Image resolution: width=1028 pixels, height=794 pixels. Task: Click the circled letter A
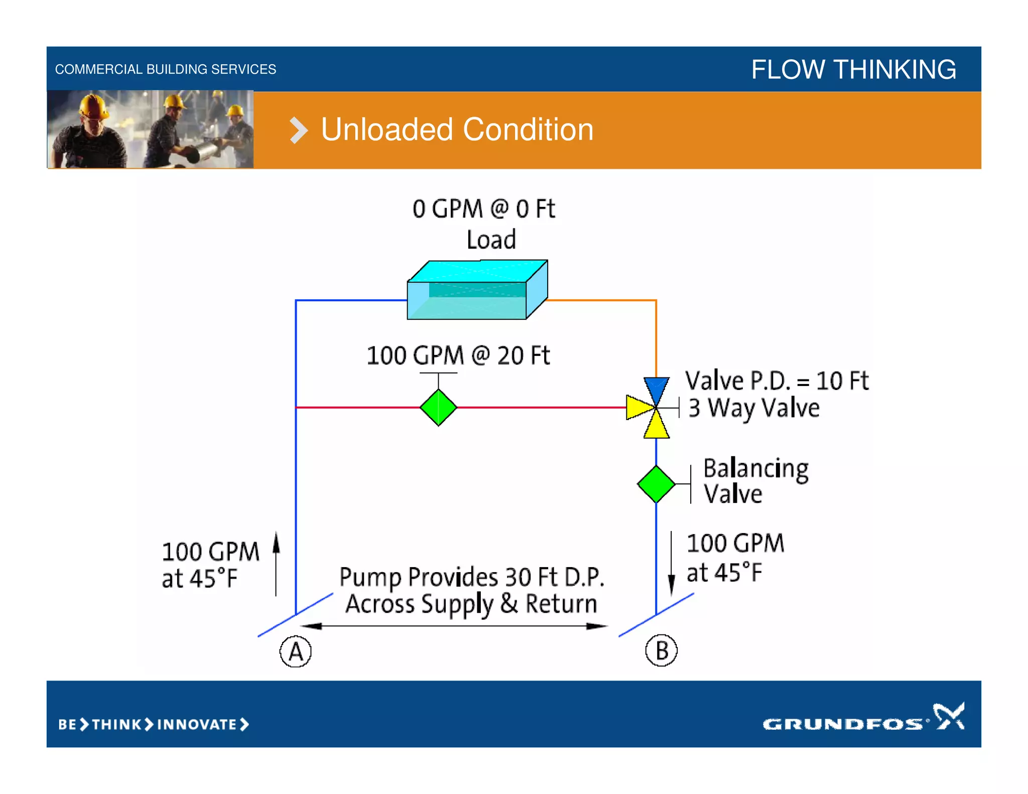point(296,651)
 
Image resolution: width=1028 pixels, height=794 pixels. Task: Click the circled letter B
point(661,650)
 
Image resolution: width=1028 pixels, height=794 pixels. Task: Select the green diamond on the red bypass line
point(438,407)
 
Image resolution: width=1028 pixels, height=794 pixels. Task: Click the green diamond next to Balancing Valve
point(656,484)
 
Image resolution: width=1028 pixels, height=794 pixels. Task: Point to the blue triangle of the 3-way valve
point(656,388)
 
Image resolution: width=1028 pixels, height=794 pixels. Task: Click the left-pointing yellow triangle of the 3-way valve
point(638,407)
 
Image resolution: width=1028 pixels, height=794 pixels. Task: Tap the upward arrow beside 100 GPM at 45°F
point(276,562)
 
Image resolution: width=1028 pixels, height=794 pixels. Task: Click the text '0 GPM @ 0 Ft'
point(483,208)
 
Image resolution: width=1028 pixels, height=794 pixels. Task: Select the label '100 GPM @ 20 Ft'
point(458,355)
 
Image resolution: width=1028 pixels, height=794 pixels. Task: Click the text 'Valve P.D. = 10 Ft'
point(777,380)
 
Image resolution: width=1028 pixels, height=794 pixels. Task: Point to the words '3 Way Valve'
point(753,408)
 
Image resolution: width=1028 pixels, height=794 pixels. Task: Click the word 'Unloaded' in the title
point(387,129)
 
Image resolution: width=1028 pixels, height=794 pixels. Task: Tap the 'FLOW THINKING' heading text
point(853,69)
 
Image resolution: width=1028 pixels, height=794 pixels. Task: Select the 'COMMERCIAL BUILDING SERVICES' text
point(165,69)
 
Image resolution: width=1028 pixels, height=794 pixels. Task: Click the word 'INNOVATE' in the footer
point(197,724)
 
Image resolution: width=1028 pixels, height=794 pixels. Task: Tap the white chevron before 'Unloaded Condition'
point(298,130)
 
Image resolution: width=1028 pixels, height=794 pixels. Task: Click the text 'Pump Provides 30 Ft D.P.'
point(471,577)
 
